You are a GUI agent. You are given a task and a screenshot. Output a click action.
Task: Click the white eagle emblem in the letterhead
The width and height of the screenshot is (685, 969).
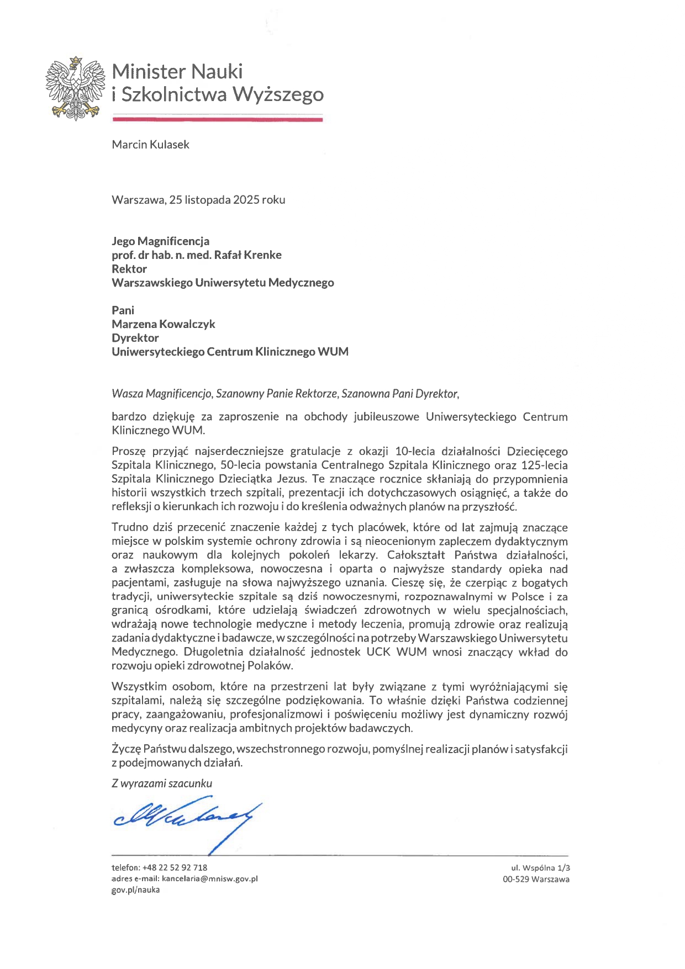75,88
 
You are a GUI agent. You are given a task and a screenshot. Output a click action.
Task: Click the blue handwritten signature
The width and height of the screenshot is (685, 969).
185,817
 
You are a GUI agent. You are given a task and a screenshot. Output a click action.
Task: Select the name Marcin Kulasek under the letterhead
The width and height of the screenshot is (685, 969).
150,145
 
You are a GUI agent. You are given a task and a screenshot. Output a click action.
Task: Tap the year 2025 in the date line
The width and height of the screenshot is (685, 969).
246,200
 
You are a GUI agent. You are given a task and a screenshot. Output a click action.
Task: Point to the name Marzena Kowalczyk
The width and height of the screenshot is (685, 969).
163,324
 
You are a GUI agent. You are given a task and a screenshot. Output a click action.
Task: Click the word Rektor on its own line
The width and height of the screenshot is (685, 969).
129,269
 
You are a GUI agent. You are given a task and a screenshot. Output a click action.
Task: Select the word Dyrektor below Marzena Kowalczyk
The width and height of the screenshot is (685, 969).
135,338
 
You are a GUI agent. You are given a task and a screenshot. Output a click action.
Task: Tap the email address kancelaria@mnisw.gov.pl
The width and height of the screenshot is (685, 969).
209,878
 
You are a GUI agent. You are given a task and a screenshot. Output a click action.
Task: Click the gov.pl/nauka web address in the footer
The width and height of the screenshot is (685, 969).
135,889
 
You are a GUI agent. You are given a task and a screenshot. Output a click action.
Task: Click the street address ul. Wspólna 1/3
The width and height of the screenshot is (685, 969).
540,867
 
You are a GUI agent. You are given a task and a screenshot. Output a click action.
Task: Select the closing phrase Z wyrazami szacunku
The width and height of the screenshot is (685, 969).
161,783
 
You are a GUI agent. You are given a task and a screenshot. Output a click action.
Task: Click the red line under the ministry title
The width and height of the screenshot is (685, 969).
217,119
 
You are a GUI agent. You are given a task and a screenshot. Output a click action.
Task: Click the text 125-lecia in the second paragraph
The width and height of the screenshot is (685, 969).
544,465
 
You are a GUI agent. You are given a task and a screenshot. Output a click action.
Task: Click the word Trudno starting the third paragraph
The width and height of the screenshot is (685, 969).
130,528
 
